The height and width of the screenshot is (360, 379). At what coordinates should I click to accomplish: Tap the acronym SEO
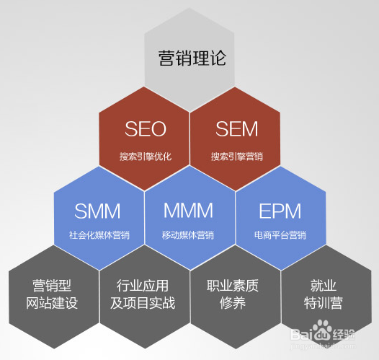coord(146,129)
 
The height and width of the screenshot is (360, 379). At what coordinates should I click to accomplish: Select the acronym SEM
coord(236,129)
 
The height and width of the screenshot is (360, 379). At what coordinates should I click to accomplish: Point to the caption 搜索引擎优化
coord(146,156)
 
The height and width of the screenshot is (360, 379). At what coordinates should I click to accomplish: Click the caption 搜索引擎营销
coord(236,156)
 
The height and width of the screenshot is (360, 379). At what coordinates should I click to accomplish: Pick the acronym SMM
coord(98,211)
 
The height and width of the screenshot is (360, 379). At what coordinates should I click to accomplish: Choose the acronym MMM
coord(189,211)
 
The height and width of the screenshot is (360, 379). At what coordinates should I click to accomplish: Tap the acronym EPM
coord(280,211)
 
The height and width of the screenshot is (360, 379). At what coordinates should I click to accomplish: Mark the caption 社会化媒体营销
coord(99,235)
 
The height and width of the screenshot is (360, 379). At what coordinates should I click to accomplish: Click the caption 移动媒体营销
coord(189,235)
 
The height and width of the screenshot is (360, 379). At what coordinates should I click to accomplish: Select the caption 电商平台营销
coord(280,235)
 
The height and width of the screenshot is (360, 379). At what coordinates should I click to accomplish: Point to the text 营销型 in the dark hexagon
coord(53,285)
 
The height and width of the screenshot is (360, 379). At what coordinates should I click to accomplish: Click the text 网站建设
coord(53,303)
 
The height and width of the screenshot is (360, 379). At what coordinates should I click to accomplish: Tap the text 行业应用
coord(143,285)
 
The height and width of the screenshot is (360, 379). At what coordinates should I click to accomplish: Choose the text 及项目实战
coord(143,303)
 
